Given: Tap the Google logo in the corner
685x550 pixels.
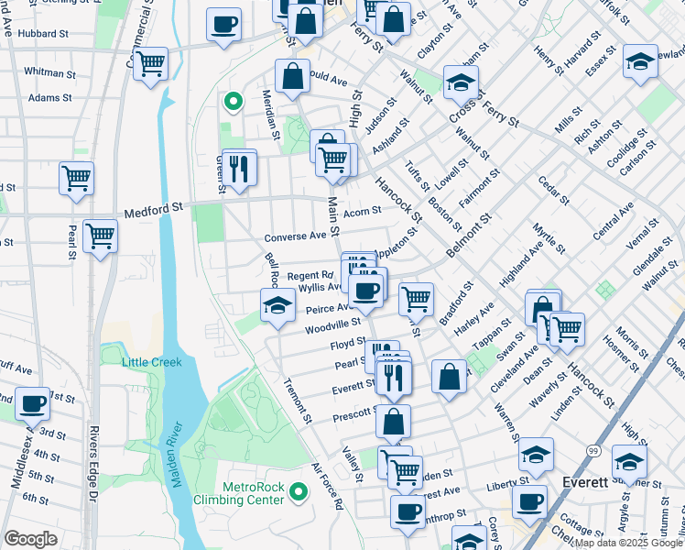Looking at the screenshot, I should pyautogui.click(x=30, y=538).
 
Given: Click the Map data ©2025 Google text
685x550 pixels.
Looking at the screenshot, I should pyautogui.click(x=628, y=543).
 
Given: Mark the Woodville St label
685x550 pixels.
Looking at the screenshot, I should pyautogui.click(x=332, y=324).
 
